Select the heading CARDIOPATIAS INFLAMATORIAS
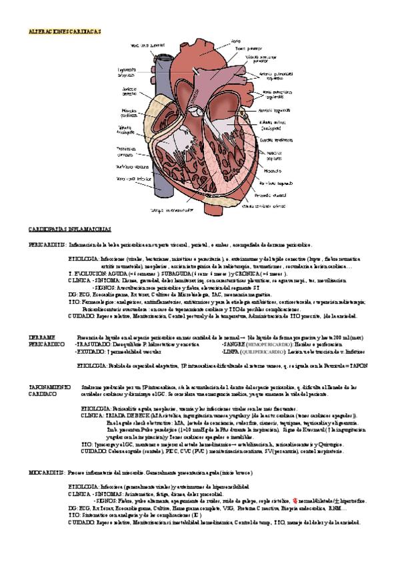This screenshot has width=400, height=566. click(x=67, y=228)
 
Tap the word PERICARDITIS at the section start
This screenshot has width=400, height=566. click(x=47, y=245)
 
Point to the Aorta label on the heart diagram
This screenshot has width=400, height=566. click(x=235, y=41)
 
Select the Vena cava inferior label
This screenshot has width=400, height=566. click(x=131, y=179)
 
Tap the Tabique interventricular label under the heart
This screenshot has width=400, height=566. click(x=162, y=210)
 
